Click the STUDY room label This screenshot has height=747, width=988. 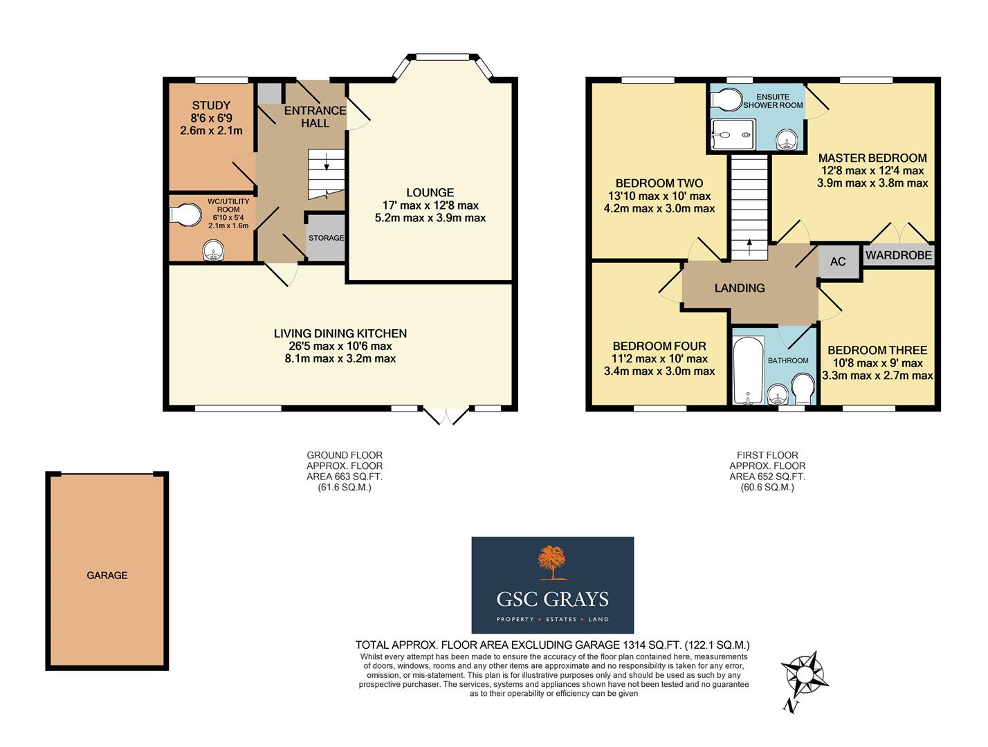click(211, 106)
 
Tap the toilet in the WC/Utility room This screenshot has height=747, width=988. click(181, 215)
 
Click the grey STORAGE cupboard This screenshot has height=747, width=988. click(326, 238)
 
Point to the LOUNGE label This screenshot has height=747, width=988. click(430, 193)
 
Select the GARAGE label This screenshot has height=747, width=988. click(107, 575)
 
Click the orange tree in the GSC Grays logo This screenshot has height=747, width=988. click(552, 562)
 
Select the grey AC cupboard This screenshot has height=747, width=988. click(838, 261)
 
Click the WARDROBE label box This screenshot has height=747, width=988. click(898, 255)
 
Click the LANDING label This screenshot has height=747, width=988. click(740, 288)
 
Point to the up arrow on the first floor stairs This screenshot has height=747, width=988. click(748, 243)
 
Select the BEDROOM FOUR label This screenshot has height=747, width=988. click(659, 346)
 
